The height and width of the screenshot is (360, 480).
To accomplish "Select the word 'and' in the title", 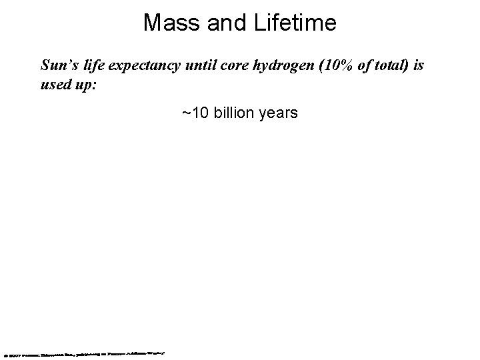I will point(220,24).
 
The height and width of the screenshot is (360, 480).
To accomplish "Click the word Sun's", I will point(57,66).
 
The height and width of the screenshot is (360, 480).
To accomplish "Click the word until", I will point(194,66).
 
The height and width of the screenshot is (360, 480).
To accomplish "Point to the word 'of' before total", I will point(353,66).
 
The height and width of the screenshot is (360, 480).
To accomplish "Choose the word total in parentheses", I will point(381,66).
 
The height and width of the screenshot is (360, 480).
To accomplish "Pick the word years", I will point(279,114).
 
